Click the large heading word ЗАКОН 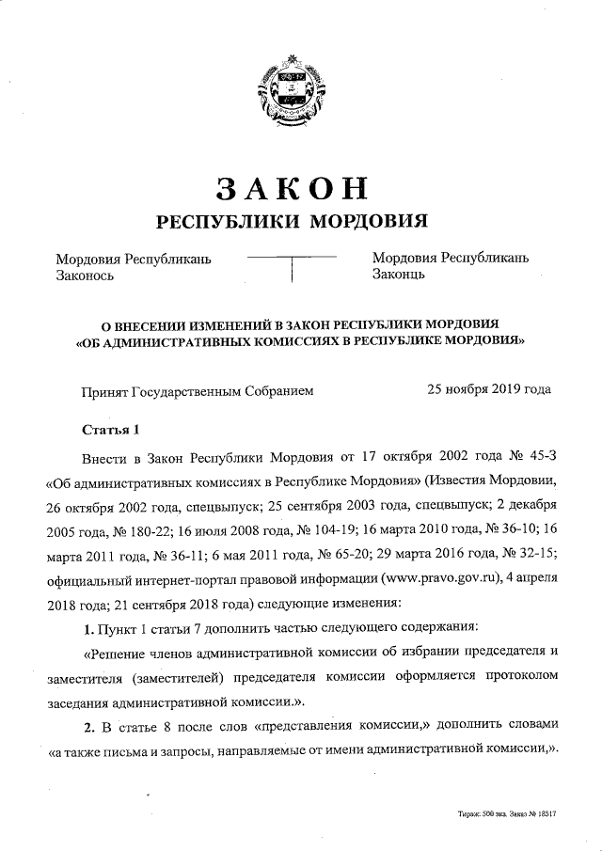(291, 187)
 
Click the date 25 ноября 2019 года (489, 388)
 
